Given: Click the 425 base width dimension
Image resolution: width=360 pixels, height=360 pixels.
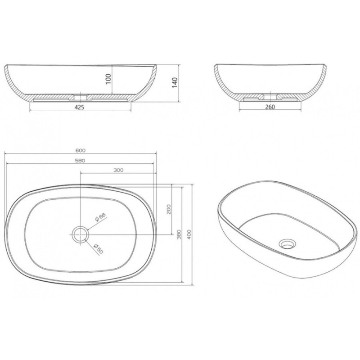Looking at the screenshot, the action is tap(80, 107).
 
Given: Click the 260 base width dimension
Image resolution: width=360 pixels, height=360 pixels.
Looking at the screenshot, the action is tap(270, 107).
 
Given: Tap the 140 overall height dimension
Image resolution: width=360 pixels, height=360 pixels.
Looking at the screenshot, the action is tap(175, 83).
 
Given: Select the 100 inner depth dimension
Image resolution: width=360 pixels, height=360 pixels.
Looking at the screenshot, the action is tap(108, 79).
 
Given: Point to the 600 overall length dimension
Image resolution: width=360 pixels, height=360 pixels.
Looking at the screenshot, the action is tap(81, 151).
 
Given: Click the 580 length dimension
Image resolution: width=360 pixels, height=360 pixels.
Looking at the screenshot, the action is tap(80, 161).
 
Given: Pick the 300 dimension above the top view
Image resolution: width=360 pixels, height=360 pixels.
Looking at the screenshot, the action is tap(118, 170).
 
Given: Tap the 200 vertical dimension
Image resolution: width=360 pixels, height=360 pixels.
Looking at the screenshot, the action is tap(169, 209).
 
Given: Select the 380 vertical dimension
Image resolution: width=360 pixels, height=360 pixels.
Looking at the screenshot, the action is tap(179, 234).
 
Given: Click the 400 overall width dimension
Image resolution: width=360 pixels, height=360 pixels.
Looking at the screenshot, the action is tap(189, 234).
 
